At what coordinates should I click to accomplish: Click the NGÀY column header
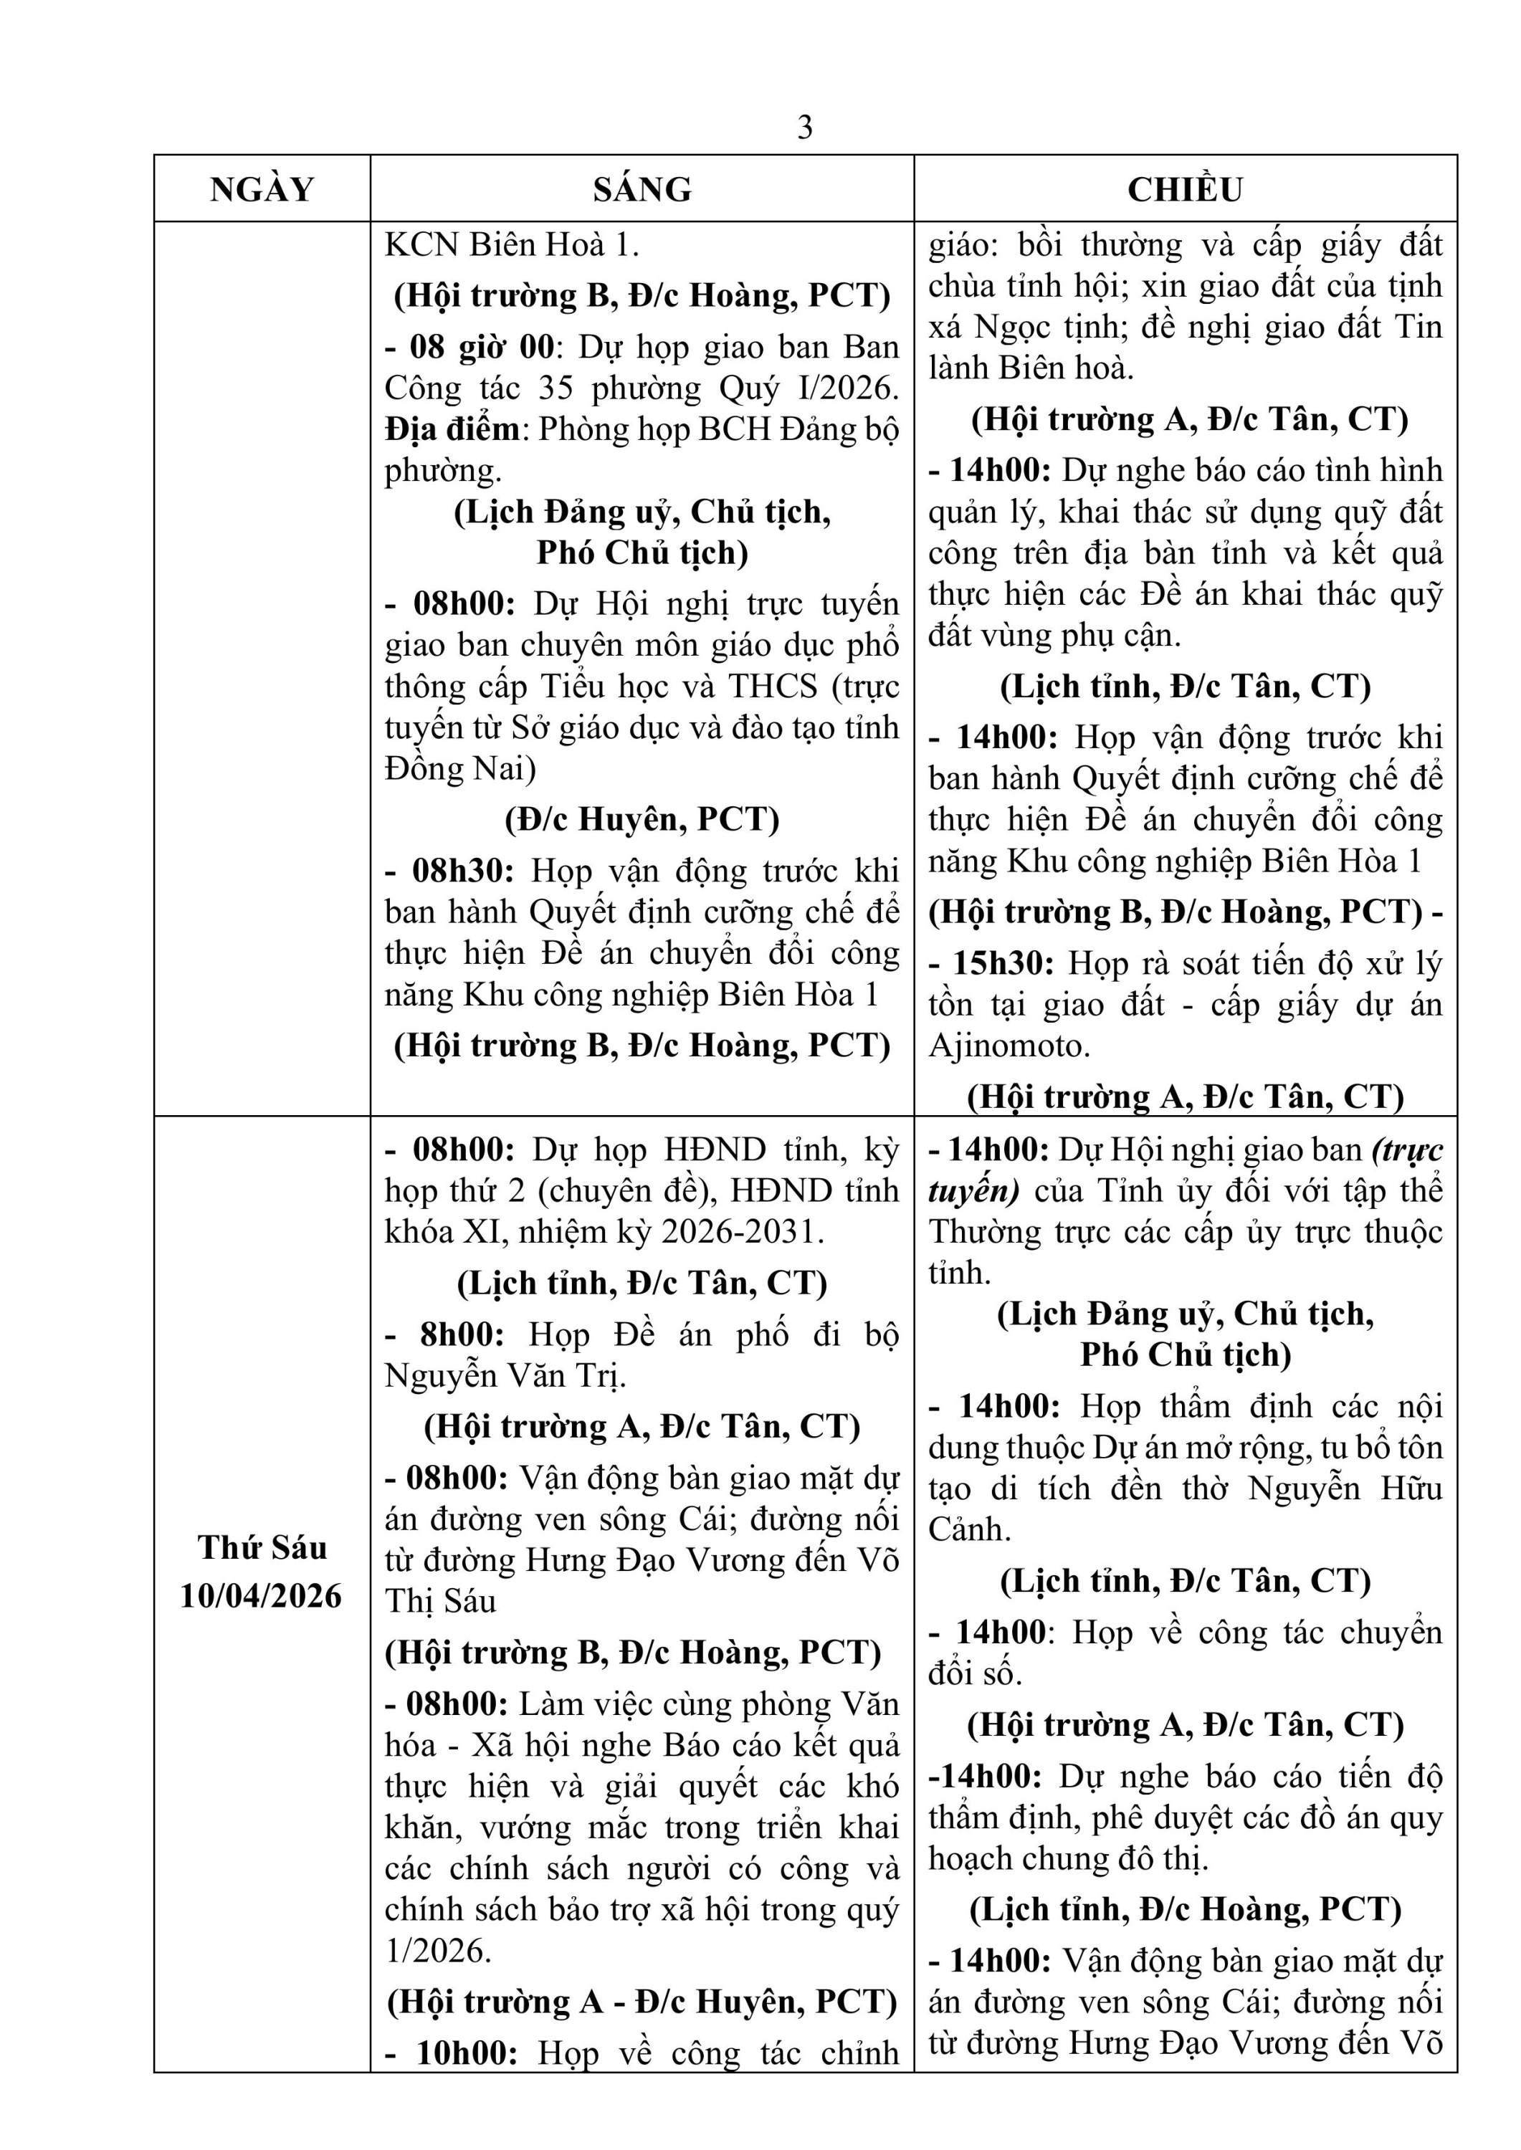262,189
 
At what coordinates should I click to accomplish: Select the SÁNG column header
642,189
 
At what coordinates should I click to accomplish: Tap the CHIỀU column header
1185,189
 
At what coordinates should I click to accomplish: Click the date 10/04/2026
262,1595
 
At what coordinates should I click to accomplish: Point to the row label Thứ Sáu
262,1547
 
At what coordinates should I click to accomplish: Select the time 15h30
1003,964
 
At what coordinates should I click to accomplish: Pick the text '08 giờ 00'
482,348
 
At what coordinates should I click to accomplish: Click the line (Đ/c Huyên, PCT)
642,819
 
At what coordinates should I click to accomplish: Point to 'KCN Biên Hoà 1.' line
511,245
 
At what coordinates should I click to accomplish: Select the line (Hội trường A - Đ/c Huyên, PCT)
642,2002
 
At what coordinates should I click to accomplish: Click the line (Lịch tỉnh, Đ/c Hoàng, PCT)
1185,1909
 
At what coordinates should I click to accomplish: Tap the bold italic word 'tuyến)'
973,1191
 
